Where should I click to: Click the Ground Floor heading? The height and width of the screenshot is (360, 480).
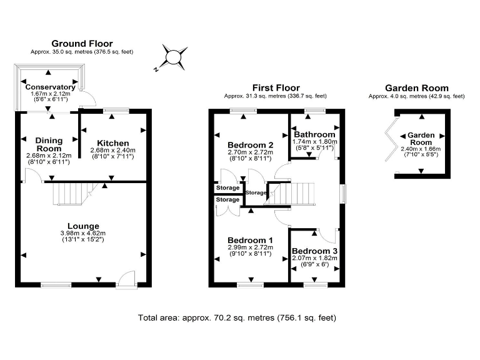(81, 43)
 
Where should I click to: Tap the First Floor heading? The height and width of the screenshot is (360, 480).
(276, 87)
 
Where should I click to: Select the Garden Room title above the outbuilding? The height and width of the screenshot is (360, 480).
(416, 88)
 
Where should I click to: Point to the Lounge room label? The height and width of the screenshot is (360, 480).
(84, 226)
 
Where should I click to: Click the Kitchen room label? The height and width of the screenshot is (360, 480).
(113, 143)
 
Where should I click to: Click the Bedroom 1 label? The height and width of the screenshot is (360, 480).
(250, 241)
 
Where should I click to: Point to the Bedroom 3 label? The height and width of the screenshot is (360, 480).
(315, 251)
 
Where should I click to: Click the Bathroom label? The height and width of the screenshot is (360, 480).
(315, 134)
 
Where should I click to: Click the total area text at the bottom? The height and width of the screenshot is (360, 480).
(237, 317)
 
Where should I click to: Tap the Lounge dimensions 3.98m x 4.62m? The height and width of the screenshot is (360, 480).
(84, 233)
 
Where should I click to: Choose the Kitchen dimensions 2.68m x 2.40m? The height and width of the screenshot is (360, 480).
(113, 151)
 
